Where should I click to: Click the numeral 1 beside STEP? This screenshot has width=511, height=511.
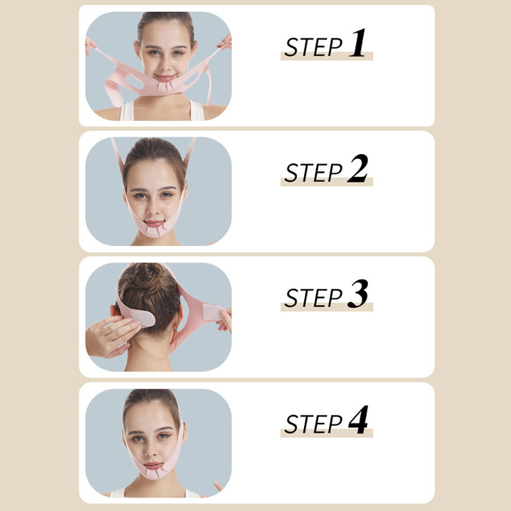point(358,43)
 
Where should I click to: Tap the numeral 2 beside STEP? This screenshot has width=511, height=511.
point(358,168)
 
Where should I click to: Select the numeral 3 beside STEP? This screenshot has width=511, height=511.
point(358,294)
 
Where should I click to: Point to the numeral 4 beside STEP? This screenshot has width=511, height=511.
point(358,420)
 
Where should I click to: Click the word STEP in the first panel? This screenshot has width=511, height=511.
point(314,47)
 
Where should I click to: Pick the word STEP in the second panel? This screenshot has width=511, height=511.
point(314,172)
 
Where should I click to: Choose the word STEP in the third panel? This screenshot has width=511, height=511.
point(314,298)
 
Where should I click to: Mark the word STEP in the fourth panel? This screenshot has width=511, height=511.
point(314,424)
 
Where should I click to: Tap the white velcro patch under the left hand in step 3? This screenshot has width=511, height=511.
point(143,318)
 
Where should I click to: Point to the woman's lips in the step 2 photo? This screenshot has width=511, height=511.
point(154,224)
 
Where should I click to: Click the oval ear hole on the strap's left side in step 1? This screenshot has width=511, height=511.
point(134,82)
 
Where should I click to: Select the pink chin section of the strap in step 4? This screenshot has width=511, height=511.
point(154,471)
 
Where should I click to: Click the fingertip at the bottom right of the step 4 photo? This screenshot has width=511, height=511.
point(218,486)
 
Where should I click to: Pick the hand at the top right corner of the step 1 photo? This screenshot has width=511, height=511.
point(225,42)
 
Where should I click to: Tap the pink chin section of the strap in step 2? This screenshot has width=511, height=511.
point(155,230)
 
